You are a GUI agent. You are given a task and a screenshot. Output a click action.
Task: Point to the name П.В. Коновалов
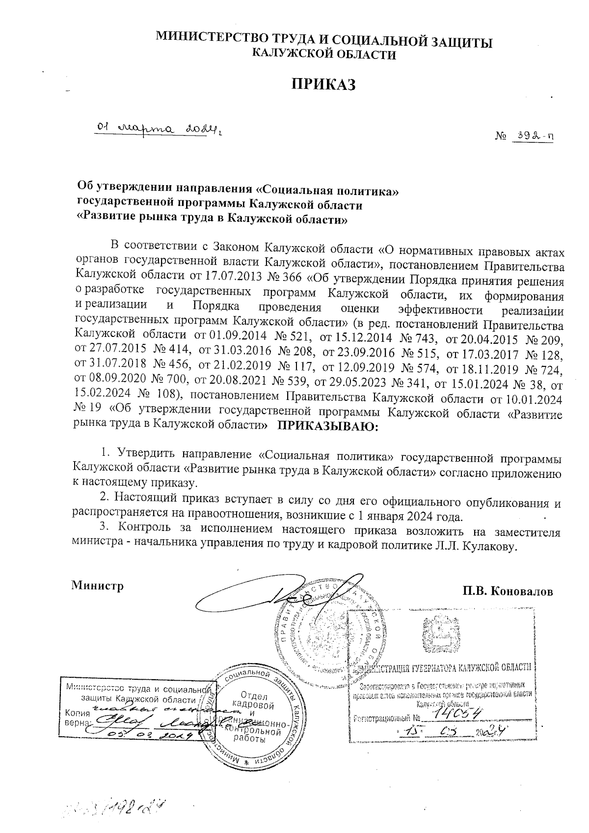point(507,591)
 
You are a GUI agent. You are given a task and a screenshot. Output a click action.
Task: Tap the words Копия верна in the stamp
point(77,718)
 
